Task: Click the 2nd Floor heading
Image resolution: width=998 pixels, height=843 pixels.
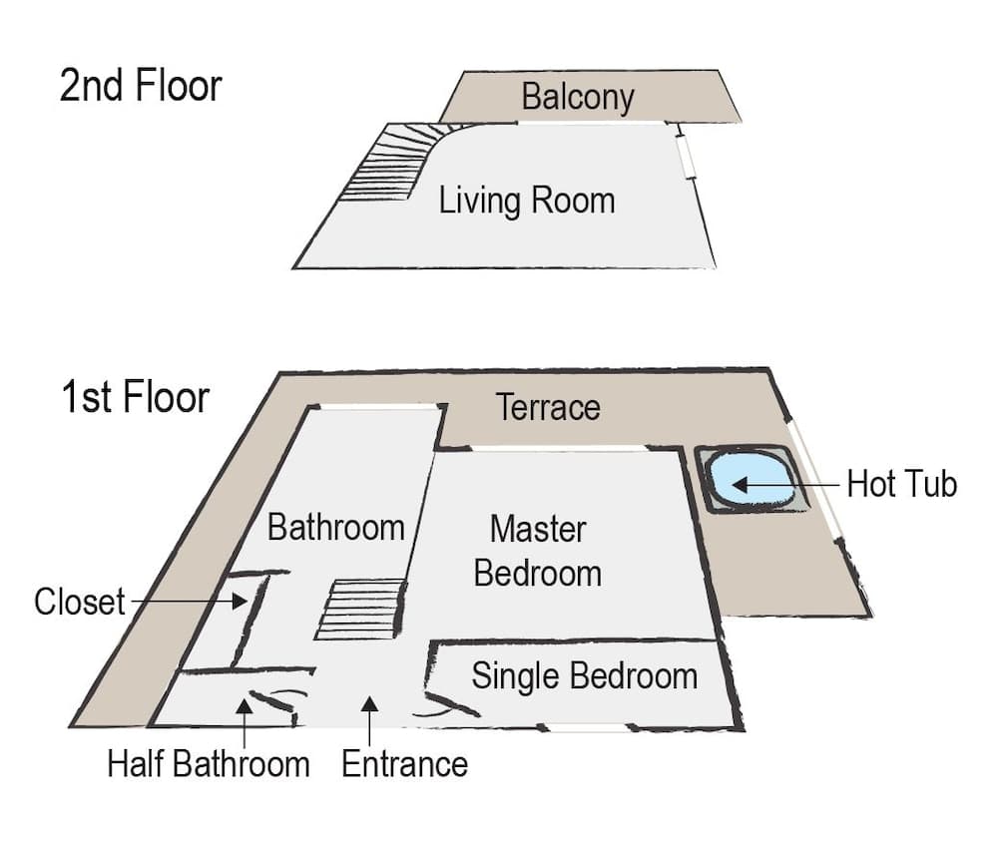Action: pos(140,86)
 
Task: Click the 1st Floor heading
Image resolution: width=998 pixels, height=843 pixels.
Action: pos(135,396)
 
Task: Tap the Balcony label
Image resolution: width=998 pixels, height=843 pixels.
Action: pos(578,98)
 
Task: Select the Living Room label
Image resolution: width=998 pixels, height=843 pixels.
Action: pos(527,201)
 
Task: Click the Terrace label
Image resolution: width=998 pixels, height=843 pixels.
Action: pos(548,407)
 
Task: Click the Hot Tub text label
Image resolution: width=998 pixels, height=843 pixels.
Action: pos(901,485)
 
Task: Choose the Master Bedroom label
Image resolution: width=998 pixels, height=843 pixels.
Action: pos(538,551)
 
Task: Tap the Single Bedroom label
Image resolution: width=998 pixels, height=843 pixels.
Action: pos(584,675)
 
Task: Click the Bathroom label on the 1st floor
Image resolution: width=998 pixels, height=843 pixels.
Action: pos(335,527)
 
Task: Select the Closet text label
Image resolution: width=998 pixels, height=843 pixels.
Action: pos(80,602)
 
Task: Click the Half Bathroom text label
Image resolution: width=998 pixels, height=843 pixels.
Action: pos(209,765)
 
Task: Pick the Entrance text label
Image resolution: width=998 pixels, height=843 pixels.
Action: pos(404,765)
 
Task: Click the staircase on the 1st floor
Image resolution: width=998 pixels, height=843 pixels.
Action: pos(362,609)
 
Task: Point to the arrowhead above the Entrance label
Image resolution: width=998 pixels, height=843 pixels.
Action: pos(369,704)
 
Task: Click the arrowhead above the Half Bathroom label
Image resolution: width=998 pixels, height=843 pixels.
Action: pos(244,707)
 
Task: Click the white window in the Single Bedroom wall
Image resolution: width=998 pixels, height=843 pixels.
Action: pos(590,727)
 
